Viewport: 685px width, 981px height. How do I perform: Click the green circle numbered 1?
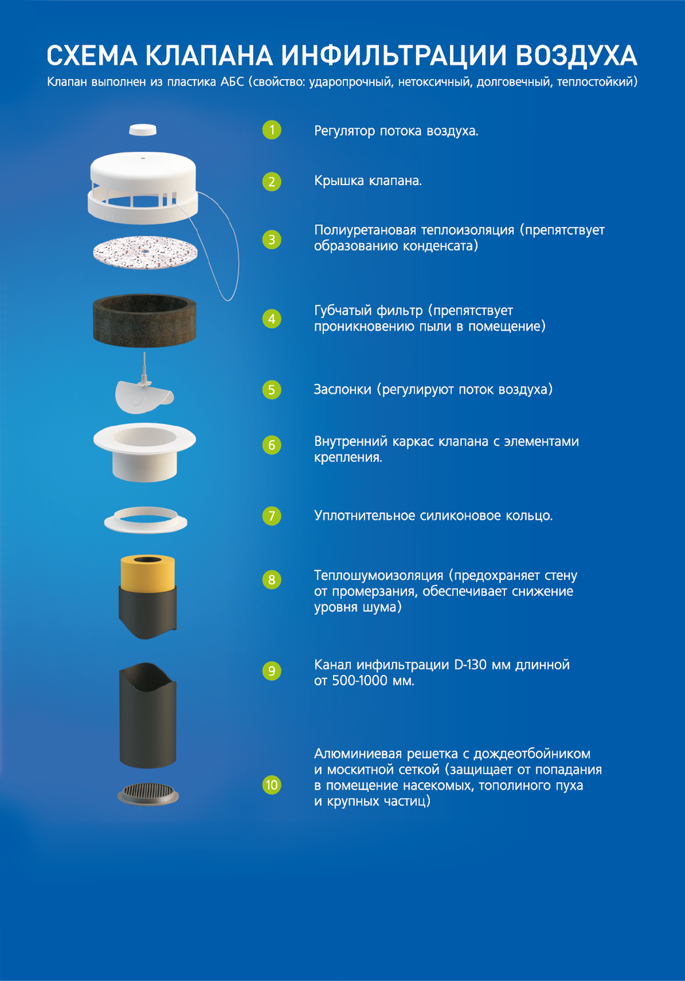pyautogui.click(x=272, y=130)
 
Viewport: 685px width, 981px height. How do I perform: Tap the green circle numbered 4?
pyautogui.click(x=272, y=319)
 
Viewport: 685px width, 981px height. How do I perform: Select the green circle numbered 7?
pyautogui.click(x=272, y=516)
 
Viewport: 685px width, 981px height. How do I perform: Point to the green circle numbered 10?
pyautogui.click(x=272, y=785)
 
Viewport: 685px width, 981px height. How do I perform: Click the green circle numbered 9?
pyautogui.click(x=272, y=671)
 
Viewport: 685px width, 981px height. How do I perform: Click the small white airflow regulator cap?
pyautogui.click(x=143, y=129)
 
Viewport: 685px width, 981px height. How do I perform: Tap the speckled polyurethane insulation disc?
pyautogui.click(x=145, y=252)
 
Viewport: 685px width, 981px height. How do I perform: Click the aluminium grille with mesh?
pyautogui.click(x=148, y=793)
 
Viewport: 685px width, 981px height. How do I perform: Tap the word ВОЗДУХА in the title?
pyautogui.click(x=576, y=56)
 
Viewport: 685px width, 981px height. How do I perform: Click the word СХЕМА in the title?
pyautogui.click(x=92, y=56)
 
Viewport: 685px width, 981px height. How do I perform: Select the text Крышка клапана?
pyautogui.click(x=368, y=181)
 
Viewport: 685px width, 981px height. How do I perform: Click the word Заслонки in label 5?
pyautogui.click(x=343, y=389)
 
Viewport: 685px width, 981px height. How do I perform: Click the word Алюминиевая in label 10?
pyautogui.click(x=358, y=753)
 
